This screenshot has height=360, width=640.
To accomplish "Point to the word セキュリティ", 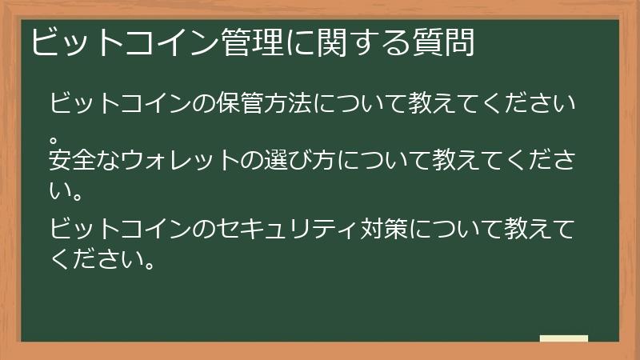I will click(306, 230).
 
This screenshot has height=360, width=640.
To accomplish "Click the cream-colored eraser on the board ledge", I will click(563, 338).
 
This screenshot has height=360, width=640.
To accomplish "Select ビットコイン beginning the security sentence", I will click(120, 230).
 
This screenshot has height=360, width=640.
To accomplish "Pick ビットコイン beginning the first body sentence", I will click(120, 105).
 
